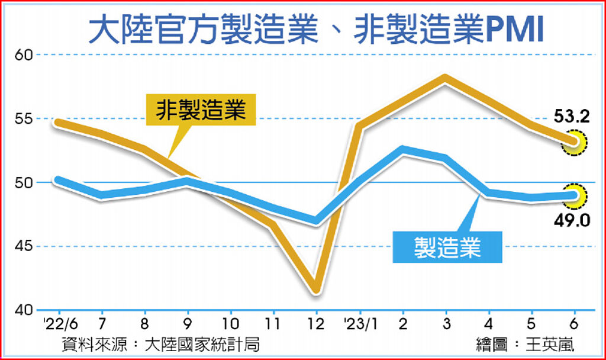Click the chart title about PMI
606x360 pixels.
pyautogui.click(x=315, y=30)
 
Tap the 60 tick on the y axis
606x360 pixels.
pyautogui.click(x=22, y=55)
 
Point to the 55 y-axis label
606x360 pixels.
pyautogui.click(x=22, y=119)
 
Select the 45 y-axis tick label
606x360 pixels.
pyautogui.click(x=22, y=246)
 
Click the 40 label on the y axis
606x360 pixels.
pyautogui.click(x=22, y=310)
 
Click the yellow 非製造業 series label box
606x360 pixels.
pyautogui.click(x=201, y=110)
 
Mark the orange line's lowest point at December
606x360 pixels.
pyautogui.click(x=316, y=290)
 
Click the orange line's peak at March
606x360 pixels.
pyautogui.click(x=445, y=79)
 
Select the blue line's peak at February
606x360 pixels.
pyautogui.click(x=402, y=150)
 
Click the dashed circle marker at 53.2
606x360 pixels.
pyautogui.click(x=574, y=142)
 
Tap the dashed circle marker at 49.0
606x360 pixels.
pyautogui.click(x=574, y=195)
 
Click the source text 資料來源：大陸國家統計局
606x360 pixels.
pyautogui.click(x=160, y=345)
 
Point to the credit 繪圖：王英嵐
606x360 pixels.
pyautogui.click(x=525, y=345)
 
